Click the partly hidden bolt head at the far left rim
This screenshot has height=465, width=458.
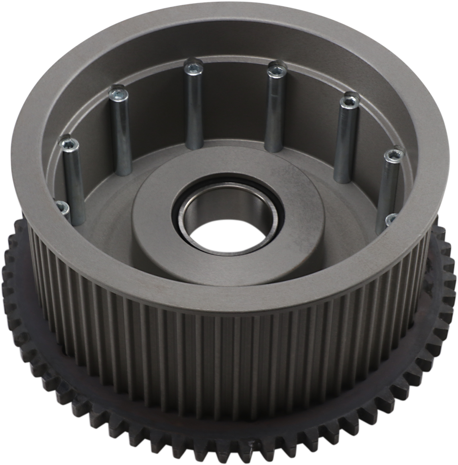pos(63,207)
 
